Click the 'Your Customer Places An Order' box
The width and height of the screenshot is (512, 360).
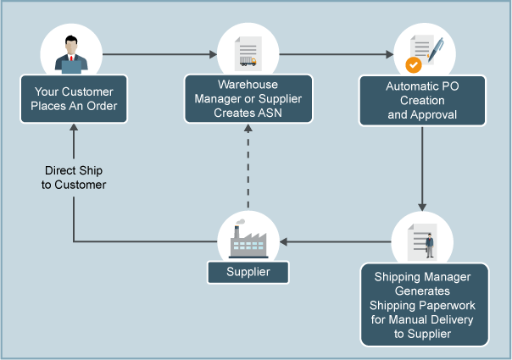pos(74,98)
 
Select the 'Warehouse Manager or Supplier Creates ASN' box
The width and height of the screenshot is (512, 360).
pos(248,98)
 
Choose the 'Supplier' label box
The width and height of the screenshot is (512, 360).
pos(248,272)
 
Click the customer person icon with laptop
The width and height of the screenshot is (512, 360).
pos(72,53)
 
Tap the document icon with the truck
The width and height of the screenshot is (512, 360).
pos(248,53)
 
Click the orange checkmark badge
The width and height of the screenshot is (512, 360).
pos(413,64)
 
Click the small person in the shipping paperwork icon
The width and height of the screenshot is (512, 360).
pos(430,245)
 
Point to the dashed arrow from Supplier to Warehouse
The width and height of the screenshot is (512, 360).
pos(248,169)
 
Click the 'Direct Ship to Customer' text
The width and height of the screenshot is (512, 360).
pos(74,177)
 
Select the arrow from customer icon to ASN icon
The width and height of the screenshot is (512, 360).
pos(159,55)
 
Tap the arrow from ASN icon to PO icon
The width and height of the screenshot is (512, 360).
pos(335,55)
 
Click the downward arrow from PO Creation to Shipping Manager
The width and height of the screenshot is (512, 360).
pos(421,169)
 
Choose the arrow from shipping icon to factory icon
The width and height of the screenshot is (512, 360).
pos(335,242)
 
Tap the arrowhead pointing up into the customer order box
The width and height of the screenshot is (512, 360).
pos(73,130)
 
